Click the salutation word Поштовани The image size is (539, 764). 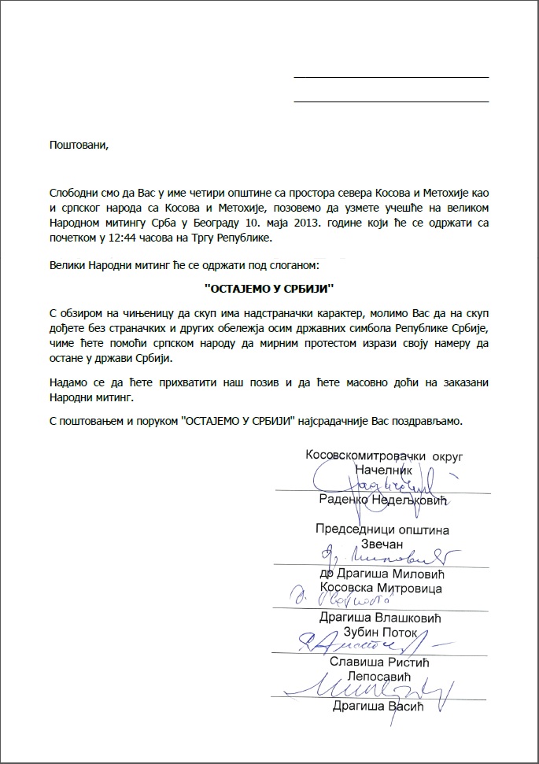pos(76,145)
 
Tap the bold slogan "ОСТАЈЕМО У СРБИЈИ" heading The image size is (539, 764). pos(269,289)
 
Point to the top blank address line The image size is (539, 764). pos(390,77)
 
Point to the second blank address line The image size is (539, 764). pos(390,101)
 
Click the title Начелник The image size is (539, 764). pos(383,469)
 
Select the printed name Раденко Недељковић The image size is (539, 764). pos(382,500)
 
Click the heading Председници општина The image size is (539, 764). pos(382,530)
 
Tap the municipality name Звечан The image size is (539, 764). pos(382,544)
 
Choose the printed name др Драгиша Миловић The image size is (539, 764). pos(382,574)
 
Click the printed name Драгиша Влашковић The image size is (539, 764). pos(381,618)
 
